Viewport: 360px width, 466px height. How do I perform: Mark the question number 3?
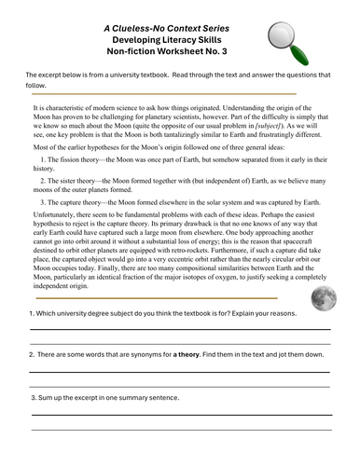[33, 398]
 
